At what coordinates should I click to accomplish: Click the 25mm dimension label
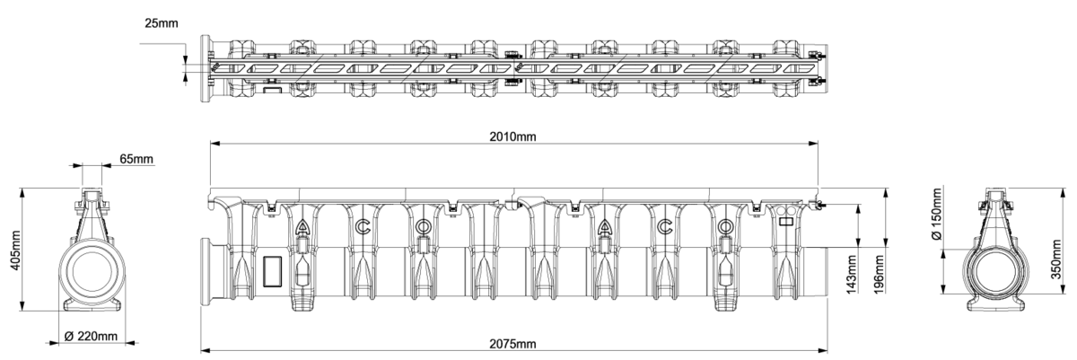(x=161, y=23)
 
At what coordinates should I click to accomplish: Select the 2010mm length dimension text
(x=512, y=136)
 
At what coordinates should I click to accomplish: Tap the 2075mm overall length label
(x=512, y=344)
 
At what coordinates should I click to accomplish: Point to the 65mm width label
(x=136, y=159)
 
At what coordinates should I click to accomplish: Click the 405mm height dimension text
(x=15, y=250)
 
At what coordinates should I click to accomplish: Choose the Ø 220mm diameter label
(x=91, y=336)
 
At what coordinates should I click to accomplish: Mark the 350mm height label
(x=1055, y=259)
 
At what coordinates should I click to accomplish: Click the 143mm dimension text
(x=851, y=275)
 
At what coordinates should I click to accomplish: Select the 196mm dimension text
(x=879, y=275)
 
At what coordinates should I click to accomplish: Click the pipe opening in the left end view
(x=92, y=270)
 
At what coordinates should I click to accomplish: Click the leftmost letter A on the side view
(x=302, y=227)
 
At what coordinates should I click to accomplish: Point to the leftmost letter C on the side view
(x=363, y=227)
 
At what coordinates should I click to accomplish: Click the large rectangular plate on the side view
(x=272, y=271)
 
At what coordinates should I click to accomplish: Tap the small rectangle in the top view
(x=272, y=90)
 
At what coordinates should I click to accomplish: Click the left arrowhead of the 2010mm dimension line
(x=215, y=144)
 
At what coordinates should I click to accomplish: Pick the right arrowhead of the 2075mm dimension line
(x=823, y=350)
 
